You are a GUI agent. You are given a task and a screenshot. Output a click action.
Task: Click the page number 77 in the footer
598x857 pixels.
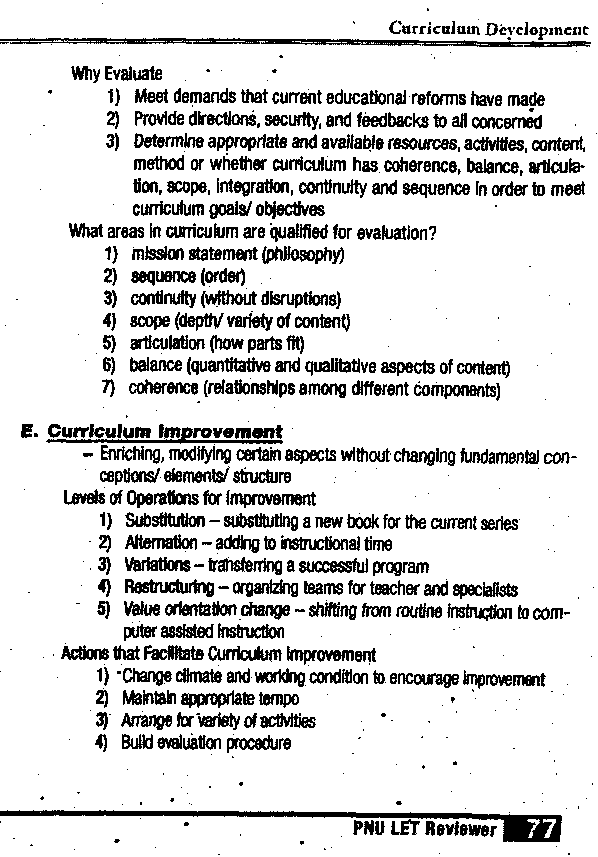[541, 829]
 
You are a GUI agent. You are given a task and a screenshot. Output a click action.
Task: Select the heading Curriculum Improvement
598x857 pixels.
[164, 431]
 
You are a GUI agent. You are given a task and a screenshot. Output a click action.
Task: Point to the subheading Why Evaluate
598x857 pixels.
[117, 74]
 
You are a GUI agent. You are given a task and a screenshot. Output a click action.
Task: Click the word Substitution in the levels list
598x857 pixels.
[165, 521]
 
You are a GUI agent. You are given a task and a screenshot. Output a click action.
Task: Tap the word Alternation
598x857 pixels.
[161, 543]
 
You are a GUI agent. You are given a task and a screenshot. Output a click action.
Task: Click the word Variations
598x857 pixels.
[157, 565]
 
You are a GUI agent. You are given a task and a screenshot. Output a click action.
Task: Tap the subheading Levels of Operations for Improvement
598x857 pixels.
[190, 498]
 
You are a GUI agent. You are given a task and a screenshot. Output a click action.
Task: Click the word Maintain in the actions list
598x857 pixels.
[144, 698]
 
